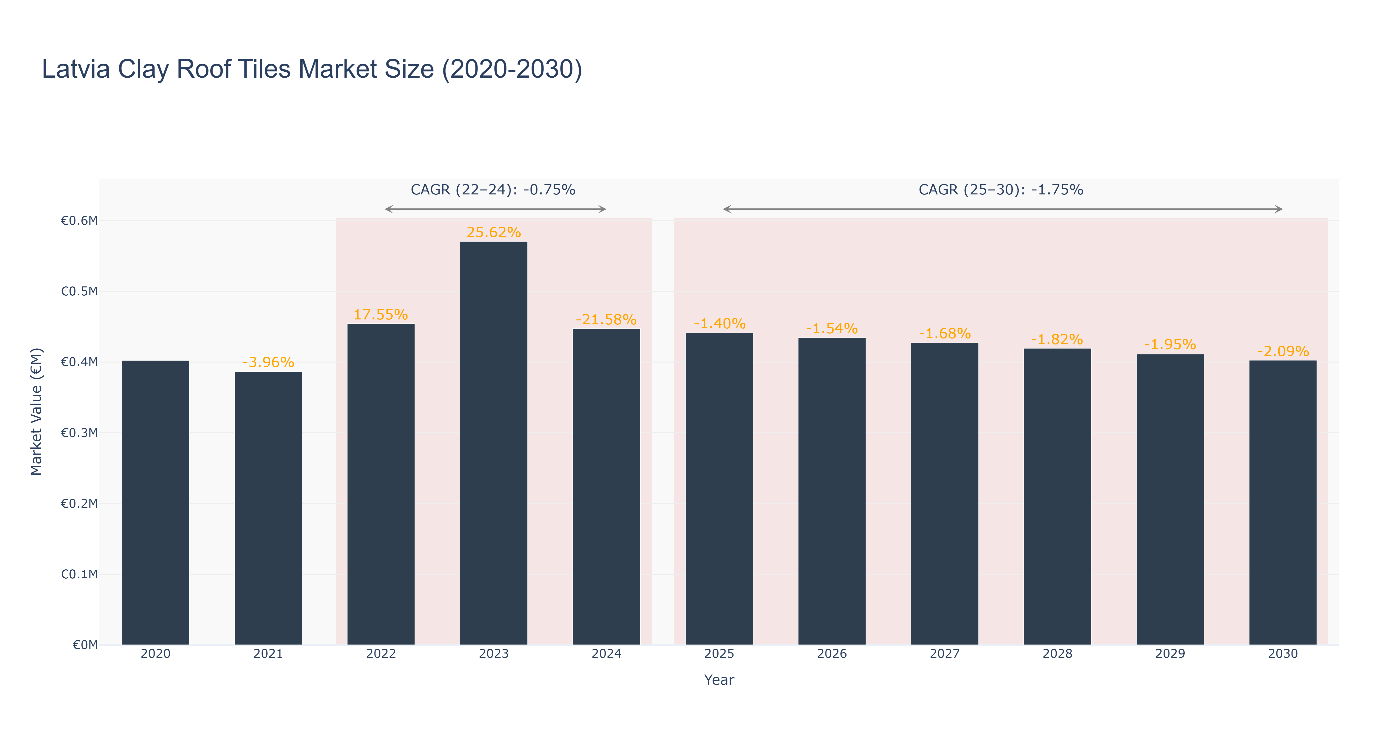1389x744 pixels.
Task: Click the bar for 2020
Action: click(x=155, y=502)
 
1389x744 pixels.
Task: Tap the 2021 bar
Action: click(x=268, y=508)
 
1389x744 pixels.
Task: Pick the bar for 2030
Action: click(x=1283, y=502)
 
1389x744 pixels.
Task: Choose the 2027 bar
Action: click(x=945, y=494)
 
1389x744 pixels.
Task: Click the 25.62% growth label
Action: click(x=493, y=232)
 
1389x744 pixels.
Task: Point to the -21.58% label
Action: click(x=606, y=320)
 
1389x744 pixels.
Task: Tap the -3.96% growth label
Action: click(x=268, y=362)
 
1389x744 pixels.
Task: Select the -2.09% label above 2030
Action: click(x=1283, y=351)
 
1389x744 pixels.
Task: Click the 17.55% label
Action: click(x=381, y=315)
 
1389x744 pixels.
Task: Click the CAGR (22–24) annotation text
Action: click(x=493, y=190)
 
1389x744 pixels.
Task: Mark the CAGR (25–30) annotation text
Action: click(x=1001, y=190)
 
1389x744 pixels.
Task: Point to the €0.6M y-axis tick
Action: click(x=79, y=220)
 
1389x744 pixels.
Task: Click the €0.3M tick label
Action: click(x=79, y=433)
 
